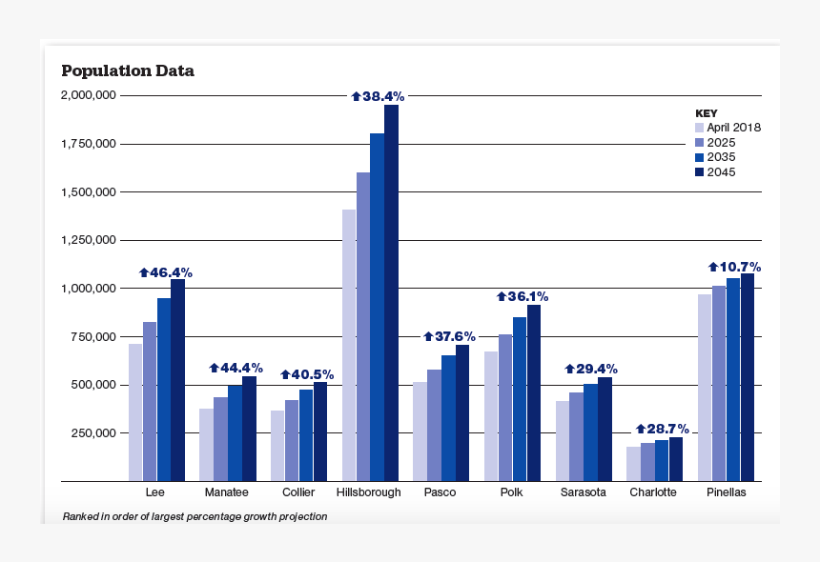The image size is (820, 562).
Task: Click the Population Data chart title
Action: coord(128,71)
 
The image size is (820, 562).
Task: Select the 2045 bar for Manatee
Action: coord(249,428)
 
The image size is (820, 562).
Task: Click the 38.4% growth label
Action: coord(378,96)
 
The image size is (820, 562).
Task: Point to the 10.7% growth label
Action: coord(733,267)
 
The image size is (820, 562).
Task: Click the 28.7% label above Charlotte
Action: coord(662,430)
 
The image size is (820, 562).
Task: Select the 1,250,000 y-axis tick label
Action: coord(88,240)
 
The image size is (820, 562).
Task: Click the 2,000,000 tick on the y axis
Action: coord(88,95)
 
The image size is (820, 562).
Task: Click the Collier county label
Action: coord(298,492)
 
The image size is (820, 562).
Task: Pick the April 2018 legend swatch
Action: coord(699,127)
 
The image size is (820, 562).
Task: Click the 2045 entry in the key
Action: coord(721,172)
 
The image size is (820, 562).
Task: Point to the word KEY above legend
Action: coord(706,112)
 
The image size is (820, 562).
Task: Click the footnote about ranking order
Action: coord(195,516)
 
